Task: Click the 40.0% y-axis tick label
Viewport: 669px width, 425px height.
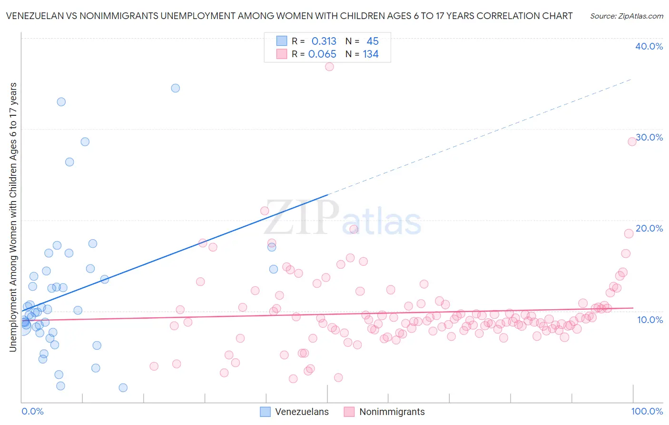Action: [x=649, y=46]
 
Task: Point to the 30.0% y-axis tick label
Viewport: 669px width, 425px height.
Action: [x=649, y=137]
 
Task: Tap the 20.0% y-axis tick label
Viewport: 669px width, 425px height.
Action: [x=649, y=228]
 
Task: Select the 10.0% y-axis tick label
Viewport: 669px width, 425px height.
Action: [x=649, y=320]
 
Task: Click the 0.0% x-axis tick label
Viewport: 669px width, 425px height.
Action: [x=32, y=411]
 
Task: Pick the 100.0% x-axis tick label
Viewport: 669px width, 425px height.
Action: [x=647, y=411]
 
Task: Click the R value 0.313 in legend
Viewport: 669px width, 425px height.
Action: [x=324, y=41]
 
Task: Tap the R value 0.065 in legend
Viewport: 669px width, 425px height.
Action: [x=322, y=54]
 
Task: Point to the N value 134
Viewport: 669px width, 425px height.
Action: [x=371, y=54]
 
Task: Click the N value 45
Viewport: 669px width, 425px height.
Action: [x=373, y=41]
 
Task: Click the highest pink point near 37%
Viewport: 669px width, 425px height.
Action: [x=329, y=67]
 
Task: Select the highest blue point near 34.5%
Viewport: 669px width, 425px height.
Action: [x=176, y=88]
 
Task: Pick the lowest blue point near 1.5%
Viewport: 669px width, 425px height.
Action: [x=123, y=388]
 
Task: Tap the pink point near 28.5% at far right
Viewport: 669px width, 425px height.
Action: [x=632, y=142]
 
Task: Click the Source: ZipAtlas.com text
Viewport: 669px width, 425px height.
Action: [x=626, y=16]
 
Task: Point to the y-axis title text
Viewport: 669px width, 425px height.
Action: [x=13, y=217]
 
